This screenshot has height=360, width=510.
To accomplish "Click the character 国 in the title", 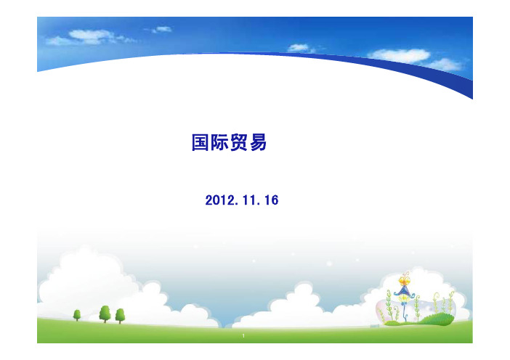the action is (200, 142).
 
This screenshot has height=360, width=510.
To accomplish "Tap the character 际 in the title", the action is (219, 142).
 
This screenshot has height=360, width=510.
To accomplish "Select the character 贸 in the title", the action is (239, 142).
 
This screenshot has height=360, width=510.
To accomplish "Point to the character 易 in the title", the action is (258, 142).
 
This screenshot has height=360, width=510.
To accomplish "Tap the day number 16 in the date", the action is (272, 200).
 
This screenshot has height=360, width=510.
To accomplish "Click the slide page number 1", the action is (243, 335).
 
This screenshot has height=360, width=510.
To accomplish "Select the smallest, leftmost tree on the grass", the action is (77, 315).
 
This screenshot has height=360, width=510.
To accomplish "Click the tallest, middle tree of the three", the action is (105, 314).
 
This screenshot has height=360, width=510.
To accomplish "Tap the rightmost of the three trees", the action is (120, 316).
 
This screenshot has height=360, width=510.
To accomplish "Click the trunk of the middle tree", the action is (105, 321).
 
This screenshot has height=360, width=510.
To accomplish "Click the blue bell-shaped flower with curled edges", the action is (404, 291).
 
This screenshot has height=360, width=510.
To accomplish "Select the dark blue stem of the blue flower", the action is (405, 311).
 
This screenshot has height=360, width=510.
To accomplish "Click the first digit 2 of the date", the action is (209, 200).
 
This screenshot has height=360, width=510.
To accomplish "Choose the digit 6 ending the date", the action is (275, 200).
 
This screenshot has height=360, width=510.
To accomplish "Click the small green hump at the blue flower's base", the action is (392, 323).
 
